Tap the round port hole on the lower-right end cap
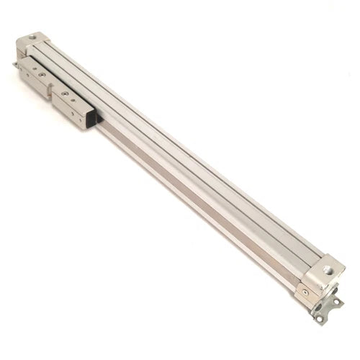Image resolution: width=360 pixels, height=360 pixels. (328, 271)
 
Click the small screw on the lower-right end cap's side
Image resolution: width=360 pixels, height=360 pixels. (305, 292)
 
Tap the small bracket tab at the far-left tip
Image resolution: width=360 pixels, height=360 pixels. (15, 65)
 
